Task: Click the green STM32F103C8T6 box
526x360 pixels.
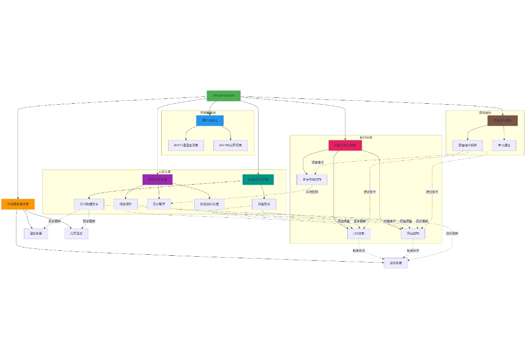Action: [x=224, y=96]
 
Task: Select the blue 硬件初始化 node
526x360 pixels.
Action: [x=209, y=120]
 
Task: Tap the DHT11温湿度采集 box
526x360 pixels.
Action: [x=186, y=145]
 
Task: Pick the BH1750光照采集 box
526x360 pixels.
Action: [x=230, y=145]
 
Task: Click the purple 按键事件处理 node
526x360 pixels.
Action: [x=157, y=179]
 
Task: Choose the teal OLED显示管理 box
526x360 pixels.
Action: [x=258, y=179]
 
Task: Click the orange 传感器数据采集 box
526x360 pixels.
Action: [x=18, y=204]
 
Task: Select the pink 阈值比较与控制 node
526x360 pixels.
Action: [x=345, y=145]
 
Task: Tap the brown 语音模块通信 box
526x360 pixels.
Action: [x=503, y=120]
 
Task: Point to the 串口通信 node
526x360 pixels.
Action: [x=504, y=145]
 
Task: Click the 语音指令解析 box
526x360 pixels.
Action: [x=468, y=145]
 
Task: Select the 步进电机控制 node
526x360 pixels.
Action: [x=312, y=179]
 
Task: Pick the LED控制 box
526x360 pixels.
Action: [x=359, y=234]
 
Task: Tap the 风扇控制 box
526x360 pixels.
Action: [x=413, y=234]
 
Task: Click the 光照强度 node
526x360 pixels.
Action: [x=76, y=234]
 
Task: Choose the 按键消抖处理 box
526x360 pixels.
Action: [x=209, y=204]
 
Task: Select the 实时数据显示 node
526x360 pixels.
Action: [x=89, y=204]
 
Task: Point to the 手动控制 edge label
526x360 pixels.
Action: [x=311, y=192]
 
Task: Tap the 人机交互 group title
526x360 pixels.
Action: [x=164, y=172]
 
